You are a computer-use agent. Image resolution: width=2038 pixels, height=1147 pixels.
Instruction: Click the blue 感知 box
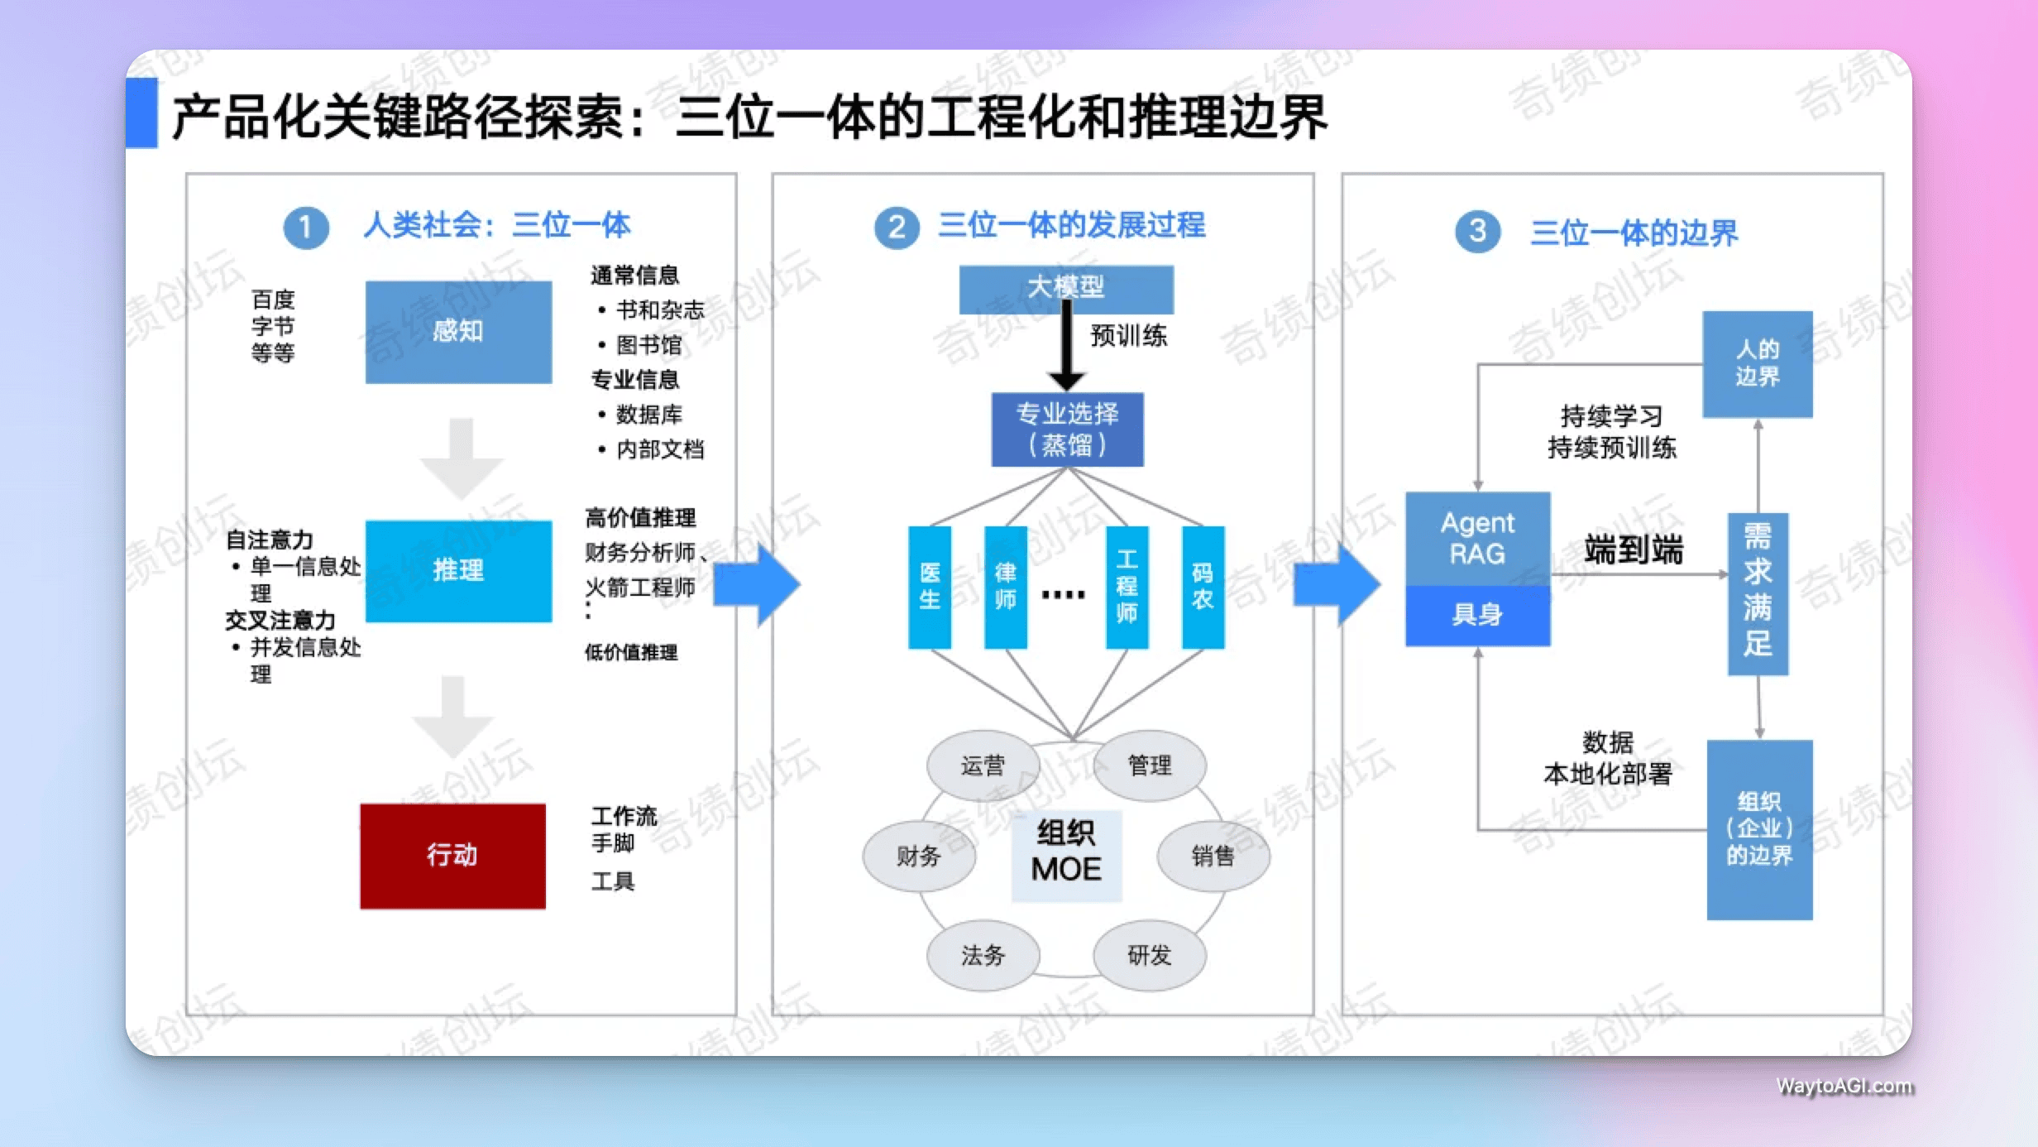pyautogui.click(x=458, y=332)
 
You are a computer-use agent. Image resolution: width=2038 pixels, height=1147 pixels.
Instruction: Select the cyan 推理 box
pyautogui.click(x=458, y=570)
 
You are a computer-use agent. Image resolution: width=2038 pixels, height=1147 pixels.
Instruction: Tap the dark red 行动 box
pyautogui.click(x=452, y=856)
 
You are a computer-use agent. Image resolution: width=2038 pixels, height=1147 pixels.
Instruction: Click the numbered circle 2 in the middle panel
pyautogui.click(x=897, y=228)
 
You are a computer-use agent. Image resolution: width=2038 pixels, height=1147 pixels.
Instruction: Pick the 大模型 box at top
pyautogui.click(x=1065, y=288)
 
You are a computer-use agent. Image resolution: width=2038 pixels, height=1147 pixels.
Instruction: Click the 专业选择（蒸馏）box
pyautogui.click(x=1067, y=429)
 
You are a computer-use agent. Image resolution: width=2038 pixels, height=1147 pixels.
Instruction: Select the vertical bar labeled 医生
pyautogui.click(x=930, y=587)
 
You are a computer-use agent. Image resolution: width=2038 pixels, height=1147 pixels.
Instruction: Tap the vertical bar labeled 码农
pyautogui.click(x=1203, y=587)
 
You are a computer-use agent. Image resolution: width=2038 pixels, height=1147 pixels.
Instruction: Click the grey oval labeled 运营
pyautogui.click(x=983, y=765)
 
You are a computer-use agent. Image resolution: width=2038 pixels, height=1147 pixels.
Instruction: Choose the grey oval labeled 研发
pyautogui.click(x=1150, y=956)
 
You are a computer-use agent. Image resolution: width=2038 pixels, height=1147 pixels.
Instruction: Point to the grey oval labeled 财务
pyautogui.click(x=919, y=856)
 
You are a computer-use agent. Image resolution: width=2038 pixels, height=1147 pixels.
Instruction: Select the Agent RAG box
pyautogui.click(x=1477, y=539)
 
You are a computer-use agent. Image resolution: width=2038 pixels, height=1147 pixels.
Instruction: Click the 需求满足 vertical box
pyautogui.click(x=1758, y=593)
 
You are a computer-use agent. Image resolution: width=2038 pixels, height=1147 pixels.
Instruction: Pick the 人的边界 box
pyautogui.click(x=1757, y=364)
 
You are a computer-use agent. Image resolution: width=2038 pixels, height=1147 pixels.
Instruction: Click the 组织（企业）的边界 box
pyautogui.click(x=1759, y=829)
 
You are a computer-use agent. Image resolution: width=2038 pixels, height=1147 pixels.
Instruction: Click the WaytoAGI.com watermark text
pyautogui.click(x=1844, y=1086)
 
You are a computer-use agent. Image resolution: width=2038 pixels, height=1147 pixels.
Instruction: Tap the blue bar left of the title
pyautogui.click(x=141, y=113)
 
